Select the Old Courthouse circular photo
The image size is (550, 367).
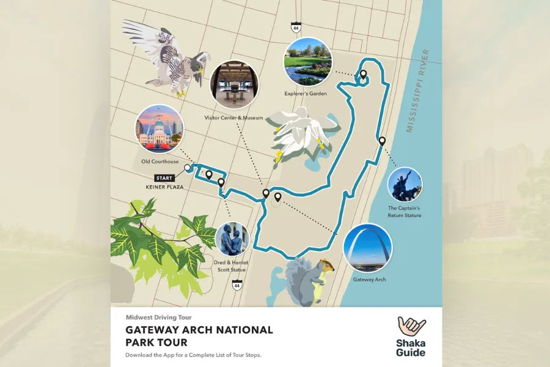tap(159, 129)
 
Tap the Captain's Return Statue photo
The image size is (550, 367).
tap(405, 185)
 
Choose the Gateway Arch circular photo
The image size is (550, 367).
tap(367, 248)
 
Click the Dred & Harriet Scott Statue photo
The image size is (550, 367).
tap(232, 239)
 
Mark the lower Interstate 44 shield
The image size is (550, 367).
tap(237, 285)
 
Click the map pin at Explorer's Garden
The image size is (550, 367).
tap(363, 75)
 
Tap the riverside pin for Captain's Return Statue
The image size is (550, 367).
tap(382, 141)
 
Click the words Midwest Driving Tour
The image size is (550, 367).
tap(158, 317)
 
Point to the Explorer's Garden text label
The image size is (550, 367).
tap(306, 94)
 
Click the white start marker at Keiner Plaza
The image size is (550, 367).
tap(187, 166)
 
